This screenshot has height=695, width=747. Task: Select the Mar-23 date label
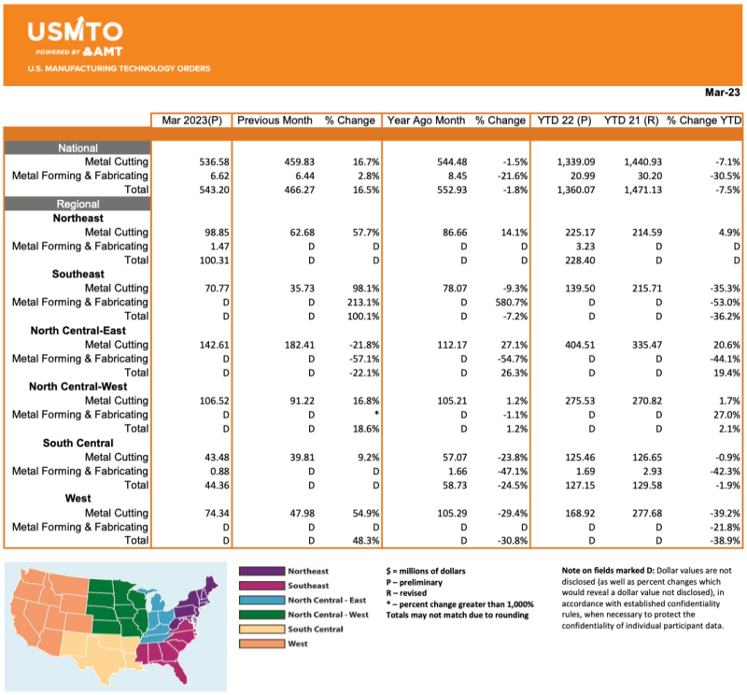[x=722, y=92]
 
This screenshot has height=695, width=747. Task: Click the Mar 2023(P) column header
[x=190, y=121]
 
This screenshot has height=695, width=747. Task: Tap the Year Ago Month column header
[x=426, y=121]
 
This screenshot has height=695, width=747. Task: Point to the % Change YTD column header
[x=703, y=121]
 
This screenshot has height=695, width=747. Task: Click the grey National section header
[x=78, y=148]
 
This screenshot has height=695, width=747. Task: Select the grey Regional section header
[x=78, y=204]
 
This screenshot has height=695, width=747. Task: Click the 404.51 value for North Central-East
[x=574, y=344]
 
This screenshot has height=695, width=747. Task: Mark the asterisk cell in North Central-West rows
[x=374, y=414]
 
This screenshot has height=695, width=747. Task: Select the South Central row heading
[x=78, y=442]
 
